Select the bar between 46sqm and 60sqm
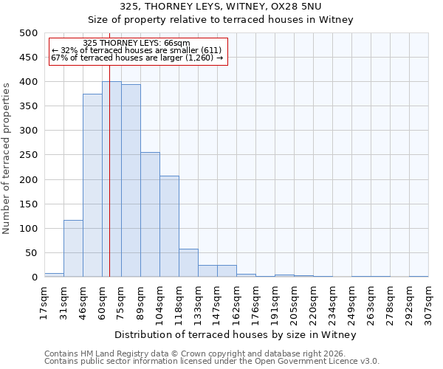pyautogui.click(x=92, y=185)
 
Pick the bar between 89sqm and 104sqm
pyautogui.click(x=150, y=215)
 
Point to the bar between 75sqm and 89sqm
pyautogui.click(x=131, y=181)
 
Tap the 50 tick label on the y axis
pyautogui.click(x=31, y=253)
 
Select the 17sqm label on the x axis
pyautogui.click(x=45, y=299)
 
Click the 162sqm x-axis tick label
pyautogui.click(x=237, y=301)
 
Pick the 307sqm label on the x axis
pyautogui.click(x=429, y=301)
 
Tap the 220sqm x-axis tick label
pyautogui.click(x=314, y=301)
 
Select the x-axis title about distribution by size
pyautogui.click(x=236, y=334)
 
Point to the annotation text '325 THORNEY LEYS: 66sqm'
pyautogui.click(x=137, y=43)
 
